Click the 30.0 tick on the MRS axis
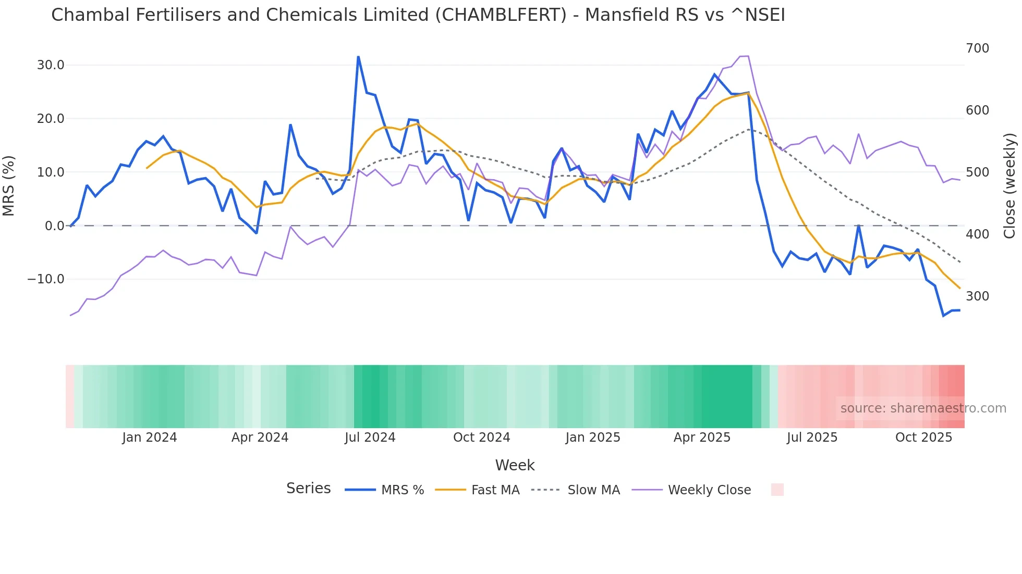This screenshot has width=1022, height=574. coord(51,65)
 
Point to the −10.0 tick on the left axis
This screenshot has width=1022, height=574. coord(46,279)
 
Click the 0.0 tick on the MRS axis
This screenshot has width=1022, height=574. coord(54,226)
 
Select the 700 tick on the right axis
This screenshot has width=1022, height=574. coord(977,48)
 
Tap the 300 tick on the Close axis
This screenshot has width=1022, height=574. coord(977,296)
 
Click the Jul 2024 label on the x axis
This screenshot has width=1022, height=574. coord(370,438)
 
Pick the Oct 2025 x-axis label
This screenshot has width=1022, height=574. coord(923,438)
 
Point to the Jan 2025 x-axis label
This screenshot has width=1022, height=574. coord(592,438)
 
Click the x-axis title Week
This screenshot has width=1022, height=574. coord(515,465)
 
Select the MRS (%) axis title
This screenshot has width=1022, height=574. coord(9,186)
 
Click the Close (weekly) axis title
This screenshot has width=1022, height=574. coord(1009,186)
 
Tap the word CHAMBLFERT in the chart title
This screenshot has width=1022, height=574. coord(501,15)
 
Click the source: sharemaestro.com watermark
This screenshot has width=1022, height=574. coord(923,408)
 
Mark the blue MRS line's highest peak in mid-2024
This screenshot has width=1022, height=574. coord(358,57)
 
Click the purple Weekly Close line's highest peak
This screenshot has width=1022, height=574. coord(748,56)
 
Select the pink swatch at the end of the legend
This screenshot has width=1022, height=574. coord(777,490)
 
